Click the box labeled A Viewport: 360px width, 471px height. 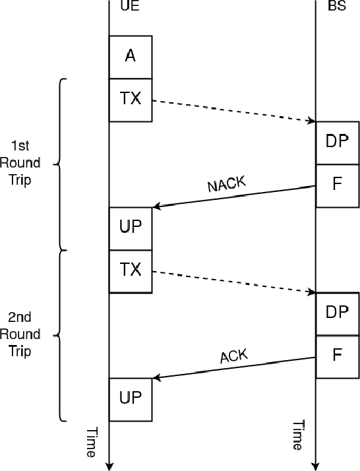pyautogui.click(x=131, y=57)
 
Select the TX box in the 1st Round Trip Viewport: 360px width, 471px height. pyautogui.click(x=131, y=100)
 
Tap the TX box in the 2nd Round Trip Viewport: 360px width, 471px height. pyautogui.click(x=131, y=270)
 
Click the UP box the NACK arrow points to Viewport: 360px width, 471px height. pyautogui.click(x=131, y=228)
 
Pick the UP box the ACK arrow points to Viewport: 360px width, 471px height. pyautogui.click(x=131, y=399)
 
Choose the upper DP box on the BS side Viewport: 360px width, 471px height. pyautogui.click(x=337, y=142)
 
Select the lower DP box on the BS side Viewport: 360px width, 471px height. pyautogui.click(x=337, y=313)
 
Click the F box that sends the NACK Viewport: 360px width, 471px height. pyautogui.click(x=337, y=185)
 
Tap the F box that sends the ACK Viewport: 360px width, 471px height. pyautogui.click(x=337, y=356)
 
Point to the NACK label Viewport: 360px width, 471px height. pyautogui.click(x=227, y=184)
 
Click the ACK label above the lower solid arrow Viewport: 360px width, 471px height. pyautogui.click(x=233, y=356)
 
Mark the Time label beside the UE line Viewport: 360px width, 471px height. pyautogui.click(x=92, y=442)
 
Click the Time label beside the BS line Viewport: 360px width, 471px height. pyautogui.click(x=298, y=435)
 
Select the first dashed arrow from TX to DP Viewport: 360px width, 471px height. pyautogui.click(x=234, y=111)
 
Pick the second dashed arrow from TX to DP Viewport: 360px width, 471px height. pyautogui.click(x=234, y=282)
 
